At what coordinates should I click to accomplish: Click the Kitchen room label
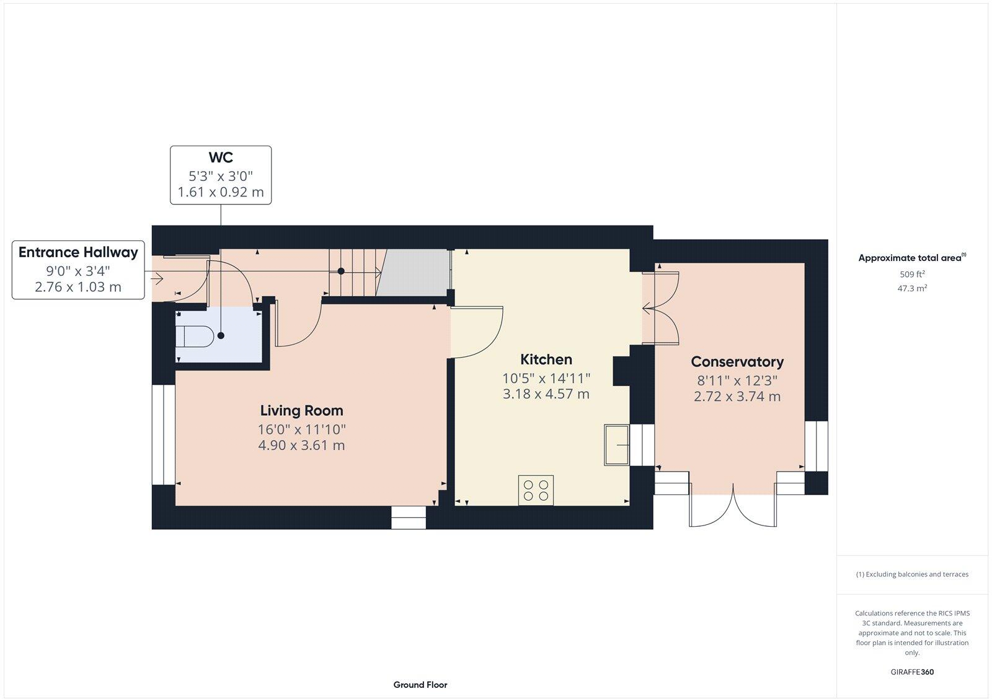546,359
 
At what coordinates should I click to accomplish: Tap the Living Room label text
301,410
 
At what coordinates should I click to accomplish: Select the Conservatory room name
737,362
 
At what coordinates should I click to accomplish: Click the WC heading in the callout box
221,158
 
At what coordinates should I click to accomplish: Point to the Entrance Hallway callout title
78,252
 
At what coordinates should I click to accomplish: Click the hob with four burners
536,490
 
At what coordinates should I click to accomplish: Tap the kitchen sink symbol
616,444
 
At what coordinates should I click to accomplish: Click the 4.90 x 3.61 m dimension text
301,446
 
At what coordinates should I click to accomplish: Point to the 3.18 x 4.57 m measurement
546,394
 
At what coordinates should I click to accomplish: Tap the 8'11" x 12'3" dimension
737,380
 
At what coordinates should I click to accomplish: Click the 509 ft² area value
911,274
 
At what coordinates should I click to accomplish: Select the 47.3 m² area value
911,288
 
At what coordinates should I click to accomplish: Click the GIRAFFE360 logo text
911,672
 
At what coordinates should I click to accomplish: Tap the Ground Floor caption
420,685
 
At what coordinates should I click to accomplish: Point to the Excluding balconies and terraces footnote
911,574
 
